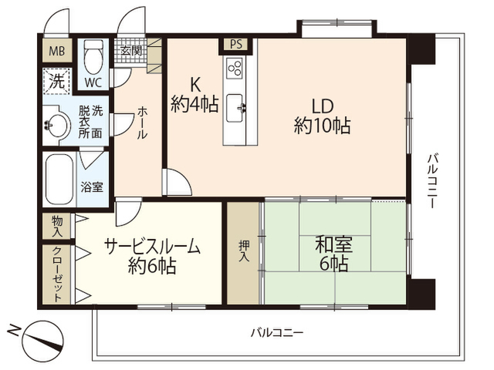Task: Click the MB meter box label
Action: [57, 51]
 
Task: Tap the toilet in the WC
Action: [93, 56]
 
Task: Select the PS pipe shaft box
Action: [235, 45]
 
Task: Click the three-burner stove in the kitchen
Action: [235, 68]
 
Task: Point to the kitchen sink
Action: [235, 108]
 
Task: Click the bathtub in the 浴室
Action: [59, 180]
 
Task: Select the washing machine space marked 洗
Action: [57, 81]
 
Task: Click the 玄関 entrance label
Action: [131, 51]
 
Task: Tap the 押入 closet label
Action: [244, 251]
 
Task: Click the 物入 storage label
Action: [57, 226]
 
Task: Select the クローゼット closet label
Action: [56, 274]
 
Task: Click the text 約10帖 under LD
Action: [322, 126]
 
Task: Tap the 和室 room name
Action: [334, 245]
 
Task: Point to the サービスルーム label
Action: [152, 247]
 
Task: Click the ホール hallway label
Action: [142, 123]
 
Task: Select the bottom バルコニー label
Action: [277, 332]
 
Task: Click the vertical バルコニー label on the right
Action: [432, 180]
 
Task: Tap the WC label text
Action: [93, 82]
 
